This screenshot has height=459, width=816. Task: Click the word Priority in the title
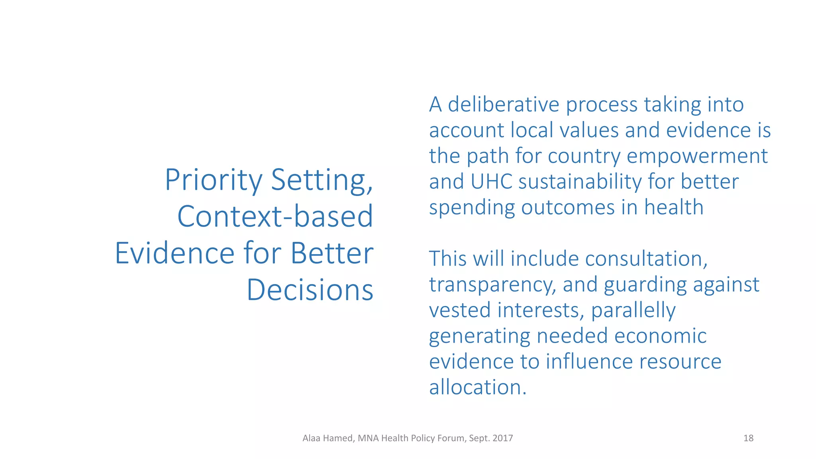click(213, 180)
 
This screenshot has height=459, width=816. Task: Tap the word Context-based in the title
click(275, 217)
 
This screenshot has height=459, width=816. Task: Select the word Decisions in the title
click(310, 290)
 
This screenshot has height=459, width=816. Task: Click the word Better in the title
click(332, 253)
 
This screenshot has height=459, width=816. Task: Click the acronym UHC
click(491, 182)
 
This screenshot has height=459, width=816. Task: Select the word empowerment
click(697, 156)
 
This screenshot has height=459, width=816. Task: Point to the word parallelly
click(633, 310)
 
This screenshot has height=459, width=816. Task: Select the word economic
click(660, 336)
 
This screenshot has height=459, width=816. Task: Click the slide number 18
click(748, 438)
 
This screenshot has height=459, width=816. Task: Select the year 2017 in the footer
click(502, 438)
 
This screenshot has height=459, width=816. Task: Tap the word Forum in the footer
click(451, 438)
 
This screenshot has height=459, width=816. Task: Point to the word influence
click(589, 362)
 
